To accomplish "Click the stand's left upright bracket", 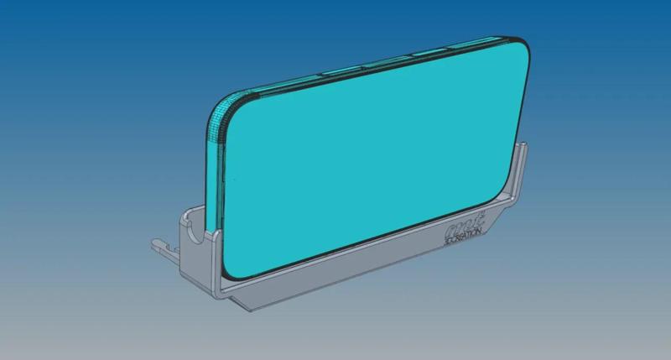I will pyautogui.click(x=195, y=235).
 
